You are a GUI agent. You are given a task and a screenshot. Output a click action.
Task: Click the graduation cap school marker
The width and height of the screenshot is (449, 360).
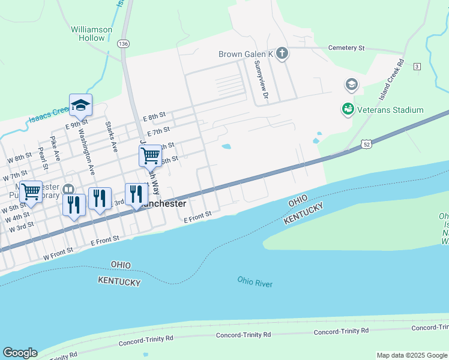pos(80,106)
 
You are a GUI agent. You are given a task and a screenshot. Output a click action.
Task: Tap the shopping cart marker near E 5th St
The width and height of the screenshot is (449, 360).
pos(150,156)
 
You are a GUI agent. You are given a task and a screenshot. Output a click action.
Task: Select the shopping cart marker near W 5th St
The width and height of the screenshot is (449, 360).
pos(31,192)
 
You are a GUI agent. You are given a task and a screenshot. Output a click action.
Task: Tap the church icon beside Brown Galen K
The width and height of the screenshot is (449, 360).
pos(282,54)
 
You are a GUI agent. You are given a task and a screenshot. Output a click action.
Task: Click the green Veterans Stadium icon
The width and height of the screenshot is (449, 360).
pos(347,110)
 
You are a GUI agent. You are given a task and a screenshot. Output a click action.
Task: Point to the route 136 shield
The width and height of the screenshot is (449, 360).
pos(124,44)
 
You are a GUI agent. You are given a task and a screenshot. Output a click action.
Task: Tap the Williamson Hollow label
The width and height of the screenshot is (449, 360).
pos(92,33)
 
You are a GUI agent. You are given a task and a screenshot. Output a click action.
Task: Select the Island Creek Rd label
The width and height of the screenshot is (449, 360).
pos(392,79)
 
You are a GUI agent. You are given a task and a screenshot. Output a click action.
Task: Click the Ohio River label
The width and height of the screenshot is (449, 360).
pos(255,281)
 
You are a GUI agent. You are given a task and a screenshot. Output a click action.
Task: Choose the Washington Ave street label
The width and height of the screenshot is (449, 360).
pos(85,157)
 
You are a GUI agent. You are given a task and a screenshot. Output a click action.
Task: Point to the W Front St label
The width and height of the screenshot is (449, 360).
pos(58,249)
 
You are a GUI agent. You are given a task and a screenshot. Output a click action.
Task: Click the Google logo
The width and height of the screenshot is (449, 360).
pos(20,353)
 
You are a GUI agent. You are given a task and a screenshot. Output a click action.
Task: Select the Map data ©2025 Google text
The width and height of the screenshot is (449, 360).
pos(411,355)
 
